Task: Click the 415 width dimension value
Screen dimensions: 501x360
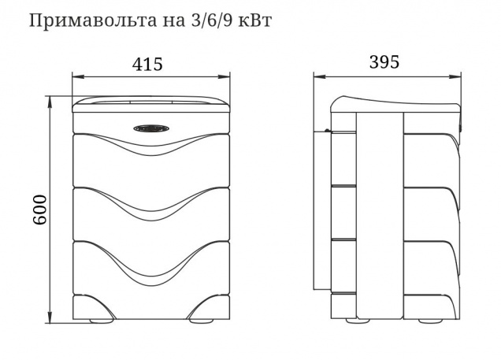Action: pyautogui.click(x=147, y=64)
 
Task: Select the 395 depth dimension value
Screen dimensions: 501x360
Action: pyautogui.click(x=384, y=62)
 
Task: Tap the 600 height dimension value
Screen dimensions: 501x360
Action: pyautogui.click(x=40, y=210)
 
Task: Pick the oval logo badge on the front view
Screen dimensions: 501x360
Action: pyautogui.click(x=151, y=128)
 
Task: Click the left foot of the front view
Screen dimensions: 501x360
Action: pyautogui.click(x=99, y=321)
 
